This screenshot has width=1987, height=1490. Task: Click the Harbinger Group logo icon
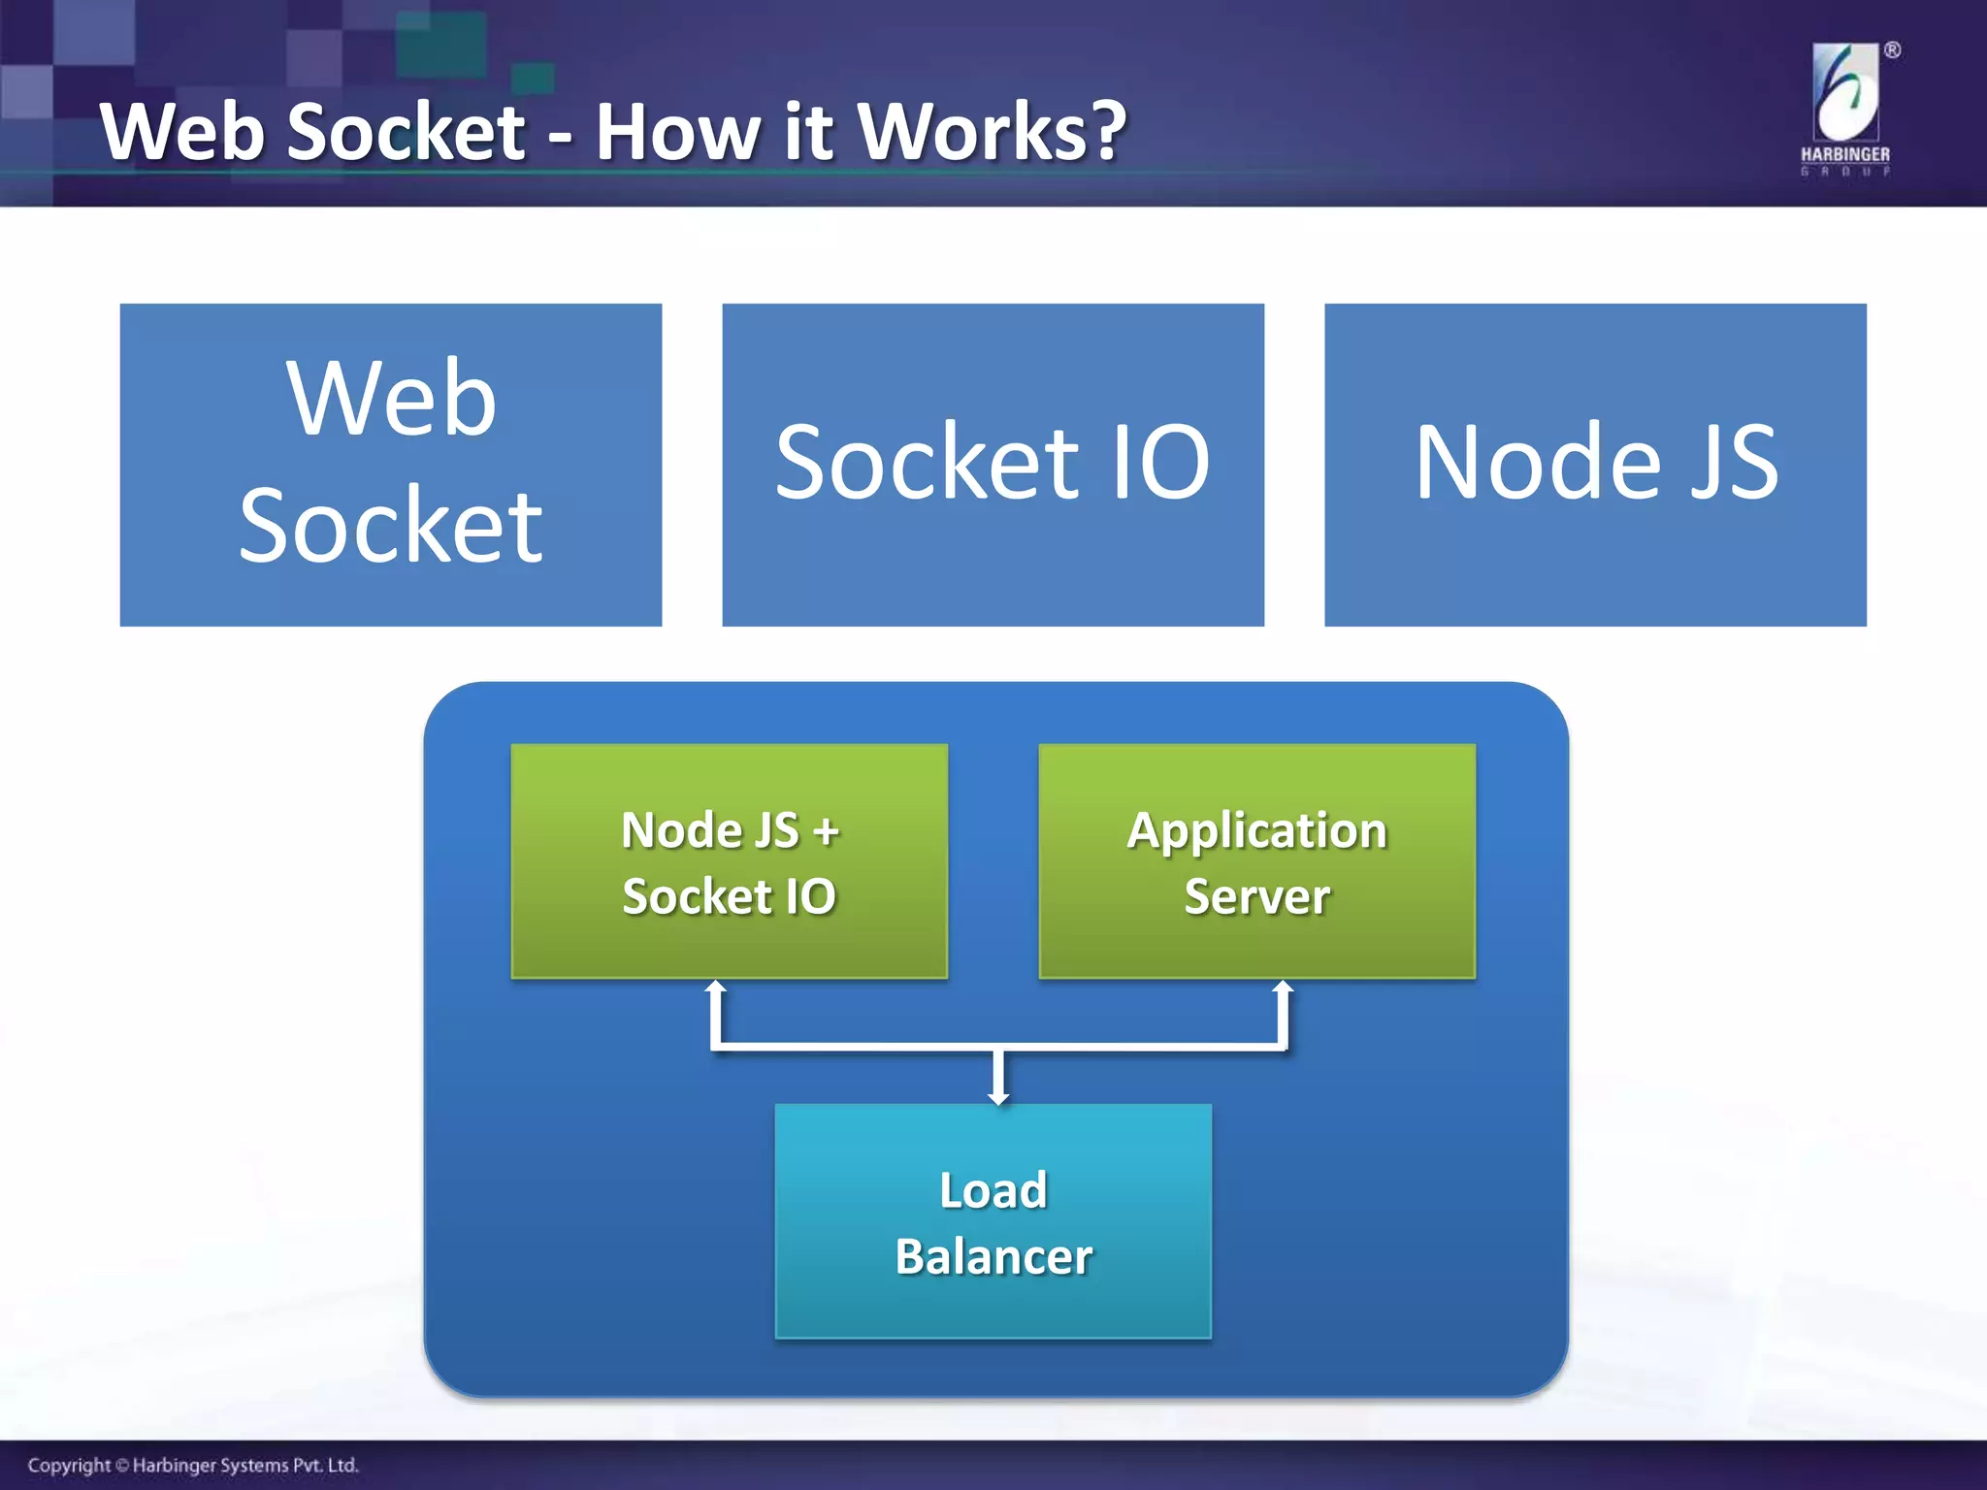[1845, 93]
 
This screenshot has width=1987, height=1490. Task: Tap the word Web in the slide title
[182, 133]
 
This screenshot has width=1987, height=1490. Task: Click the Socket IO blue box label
[992, 464]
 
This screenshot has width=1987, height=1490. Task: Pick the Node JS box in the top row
[1595, 464]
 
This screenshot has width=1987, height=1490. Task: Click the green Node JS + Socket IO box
[729, 861]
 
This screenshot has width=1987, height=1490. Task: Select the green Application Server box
[1256, 861]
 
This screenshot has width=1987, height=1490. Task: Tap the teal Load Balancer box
[993, 1221]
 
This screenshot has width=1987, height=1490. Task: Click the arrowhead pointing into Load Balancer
[998, 1097]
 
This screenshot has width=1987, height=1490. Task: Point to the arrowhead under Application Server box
[1283, 988]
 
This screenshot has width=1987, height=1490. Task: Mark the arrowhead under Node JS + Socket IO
[716, 988]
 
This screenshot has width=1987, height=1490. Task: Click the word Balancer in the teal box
[993, 1257]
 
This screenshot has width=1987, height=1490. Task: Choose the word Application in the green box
[1256, 830]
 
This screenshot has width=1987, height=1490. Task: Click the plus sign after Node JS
[826, 832]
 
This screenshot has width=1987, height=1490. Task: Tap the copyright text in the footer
[193, 1465]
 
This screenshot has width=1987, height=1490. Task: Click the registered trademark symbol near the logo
[1892, 50]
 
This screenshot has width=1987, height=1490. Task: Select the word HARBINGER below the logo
[1844, 154]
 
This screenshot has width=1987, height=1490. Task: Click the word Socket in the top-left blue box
[391, 526]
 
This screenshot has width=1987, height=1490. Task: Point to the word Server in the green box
[1256, 896]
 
